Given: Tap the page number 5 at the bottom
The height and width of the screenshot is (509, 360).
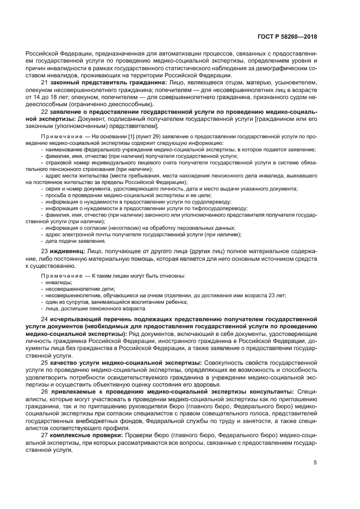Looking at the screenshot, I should tap(315, 463).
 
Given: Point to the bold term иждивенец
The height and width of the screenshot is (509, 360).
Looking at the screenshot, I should tap(69, 251).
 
